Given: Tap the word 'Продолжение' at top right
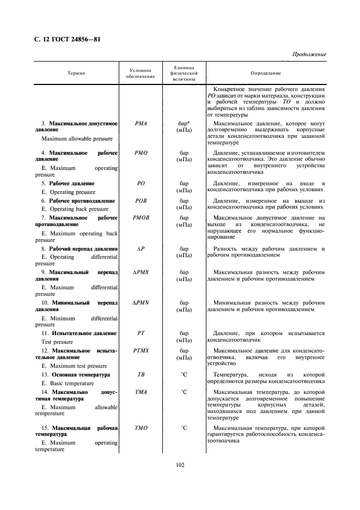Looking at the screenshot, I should [309, 54].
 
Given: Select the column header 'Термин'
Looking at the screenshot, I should [76, 72].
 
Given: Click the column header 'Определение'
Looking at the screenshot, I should [266, 72].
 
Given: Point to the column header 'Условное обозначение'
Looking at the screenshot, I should [142, 72].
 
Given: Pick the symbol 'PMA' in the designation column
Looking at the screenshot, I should [141, 124].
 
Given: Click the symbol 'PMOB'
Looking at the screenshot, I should [141, 218].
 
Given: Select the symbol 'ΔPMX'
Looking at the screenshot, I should [141, 271].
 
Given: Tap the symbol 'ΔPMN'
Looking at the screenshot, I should [141, 302].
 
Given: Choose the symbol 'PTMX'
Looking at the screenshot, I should [141, 350].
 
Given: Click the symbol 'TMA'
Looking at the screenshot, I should [141, 392].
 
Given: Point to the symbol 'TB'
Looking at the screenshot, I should [141, 375].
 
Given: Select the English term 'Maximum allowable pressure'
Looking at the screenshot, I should [77, 139].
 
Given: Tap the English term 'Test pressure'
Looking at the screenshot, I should [62, 342].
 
